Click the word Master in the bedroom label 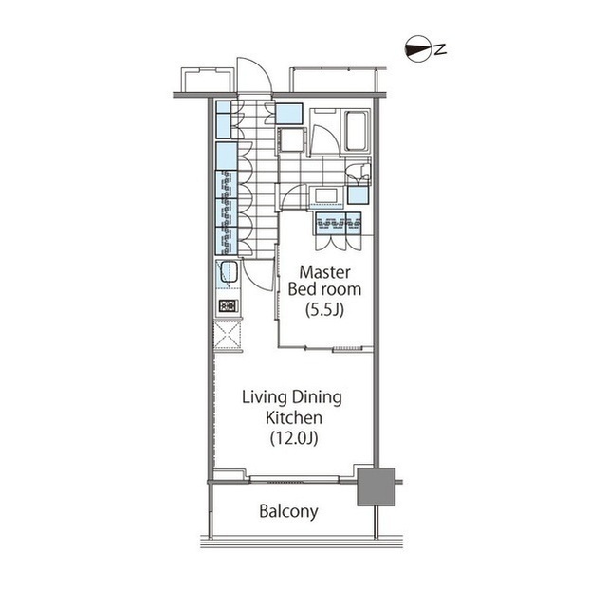point(324,272)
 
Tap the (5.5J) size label point(324,309)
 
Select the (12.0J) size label point(294,438)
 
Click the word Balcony point(288,511)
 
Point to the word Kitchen point(294,417)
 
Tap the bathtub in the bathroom point(356,131)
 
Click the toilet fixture point(359,173)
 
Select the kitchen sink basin point(229,272)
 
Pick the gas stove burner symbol point(228,306)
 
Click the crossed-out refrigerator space point(228,335)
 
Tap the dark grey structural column point(376,487)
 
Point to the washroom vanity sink point(325,195)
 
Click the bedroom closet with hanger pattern point(339,223)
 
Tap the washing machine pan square point(292,140)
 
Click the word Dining point(317,398)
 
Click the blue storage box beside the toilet point(358,195)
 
